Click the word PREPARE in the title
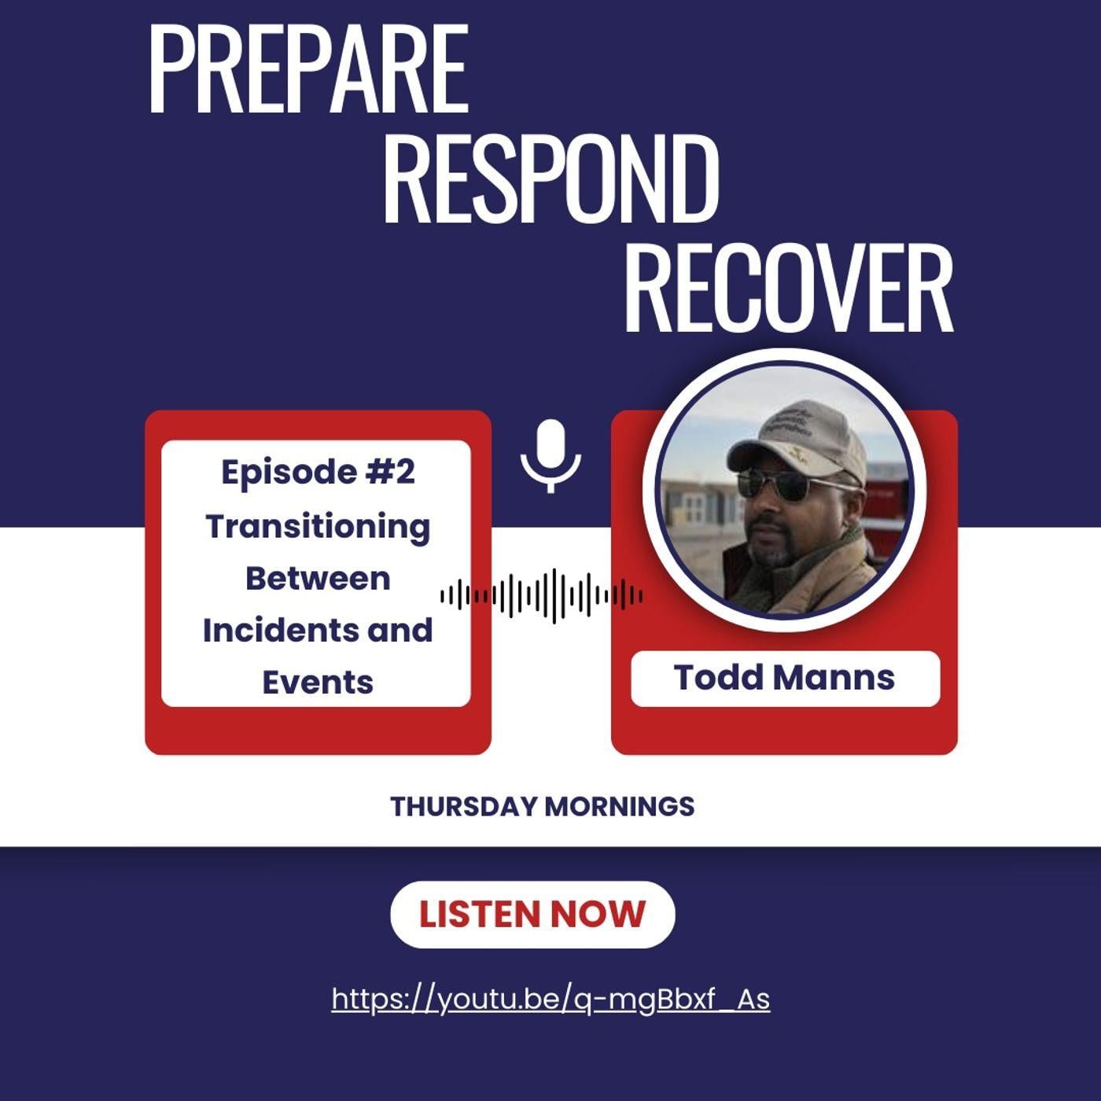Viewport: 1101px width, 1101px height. click(309, 70)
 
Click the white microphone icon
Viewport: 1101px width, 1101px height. click(550, 455)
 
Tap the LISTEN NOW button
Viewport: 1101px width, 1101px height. click(532, 914)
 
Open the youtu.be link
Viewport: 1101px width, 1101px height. click(550, 1000)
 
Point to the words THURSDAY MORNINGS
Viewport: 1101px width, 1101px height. click(542, 806)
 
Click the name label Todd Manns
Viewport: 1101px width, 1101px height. click(785, 678)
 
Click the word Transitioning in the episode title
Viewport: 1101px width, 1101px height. click(318, 526)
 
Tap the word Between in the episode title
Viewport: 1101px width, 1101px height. click(318, 579)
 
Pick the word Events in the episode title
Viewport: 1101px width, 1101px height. click(318, 683)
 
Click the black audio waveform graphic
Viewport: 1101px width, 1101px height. click(542, 596)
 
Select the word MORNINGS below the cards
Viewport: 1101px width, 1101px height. click(620, 806)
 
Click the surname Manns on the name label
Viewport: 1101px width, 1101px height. click(834, 678)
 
